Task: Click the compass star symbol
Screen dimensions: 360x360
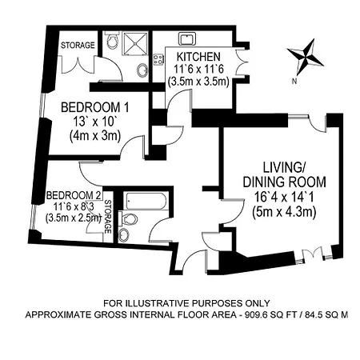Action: [308, 57]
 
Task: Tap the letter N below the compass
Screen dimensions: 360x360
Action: [295, 79]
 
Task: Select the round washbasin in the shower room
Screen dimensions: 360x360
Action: [143, 70]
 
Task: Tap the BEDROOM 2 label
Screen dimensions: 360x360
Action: [74, 194]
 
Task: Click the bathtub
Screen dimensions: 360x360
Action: [144, 199]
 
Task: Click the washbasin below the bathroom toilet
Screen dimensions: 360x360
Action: [124, 235]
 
